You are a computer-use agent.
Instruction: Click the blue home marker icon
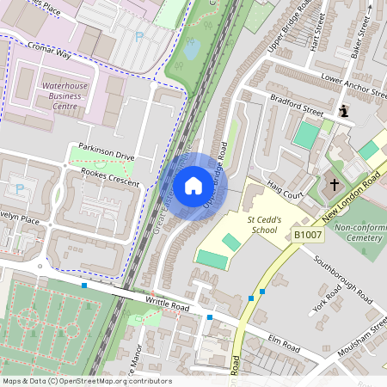click(x=193, y=185)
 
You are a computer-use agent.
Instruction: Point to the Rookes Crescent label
click(x=111, y=172)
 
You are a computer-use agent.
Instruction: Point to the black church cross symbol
click(x=335, y=184)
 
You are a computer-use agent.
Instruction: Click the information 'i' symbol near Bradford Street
click(x=345, y=111)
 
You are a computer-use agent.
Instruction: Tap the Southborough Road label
click(x=341, y=279)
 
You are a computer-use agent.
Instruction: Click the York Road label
click(x=329, y=300)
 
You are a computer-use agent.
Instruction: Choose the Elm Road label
click(x=283, y=347)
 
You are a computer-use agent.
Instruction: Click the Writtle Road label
click(x=168, y=305)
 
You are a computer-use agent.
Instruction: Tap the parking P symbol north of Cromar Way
click(x=139, y=37)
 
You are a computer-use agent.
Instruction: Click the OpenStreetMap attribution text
click(x=87, y=381)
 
